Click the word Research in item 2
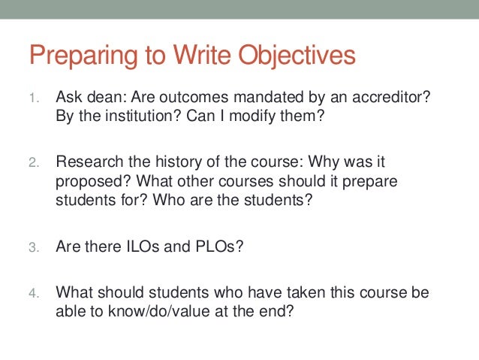(x=86, y=162)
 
